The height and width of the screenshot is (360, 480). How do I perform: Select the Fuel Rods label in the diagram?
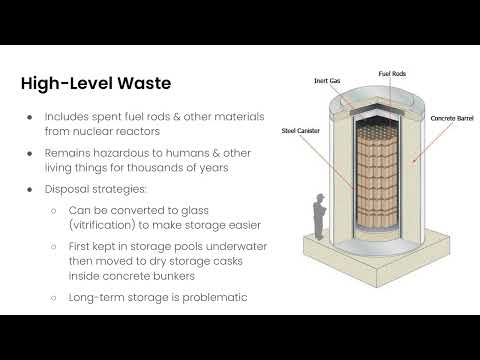pyautogui.click(x=391, y=73)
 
